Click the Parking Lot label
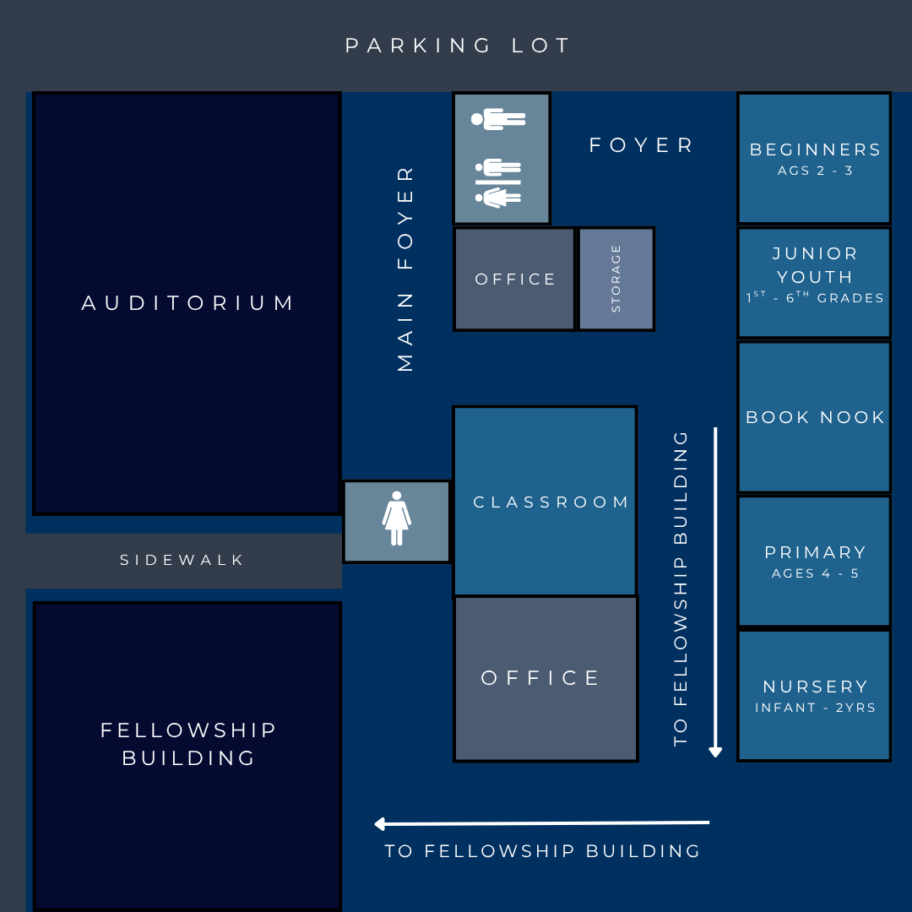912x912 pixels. coord(457,46)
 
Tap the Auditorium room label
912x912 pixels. coord(187,303)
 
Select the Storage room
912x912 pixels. coord(616,280)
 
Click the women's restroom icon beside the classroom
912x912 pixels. coord(397,518)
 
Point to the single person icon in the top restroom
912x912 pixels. coord(498,119)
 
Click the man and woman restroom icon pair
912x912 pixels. coord(498,182)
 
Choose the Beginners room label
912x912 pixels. coord(815,150)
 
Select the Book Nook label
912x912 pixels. coord(815,417)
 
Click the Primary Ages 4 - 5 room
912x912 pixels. coord(814,562)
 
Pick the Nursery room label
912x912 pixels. coord(815,687)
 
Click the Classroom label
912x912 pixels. coord(551,502)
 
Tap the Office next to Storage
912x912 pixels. coord(515,280)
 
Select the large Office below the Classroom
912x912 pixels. coord(546,679)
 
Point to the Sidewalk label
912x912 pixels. coord(182,560)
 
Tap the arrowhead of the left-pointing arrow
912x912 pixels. coord(380,823)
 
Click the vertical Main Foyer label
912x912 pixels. coord(404,269)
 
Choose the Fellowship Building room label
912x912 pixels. coord(187,744)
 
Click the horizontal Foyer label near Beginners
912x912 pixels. coord(641,145)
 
